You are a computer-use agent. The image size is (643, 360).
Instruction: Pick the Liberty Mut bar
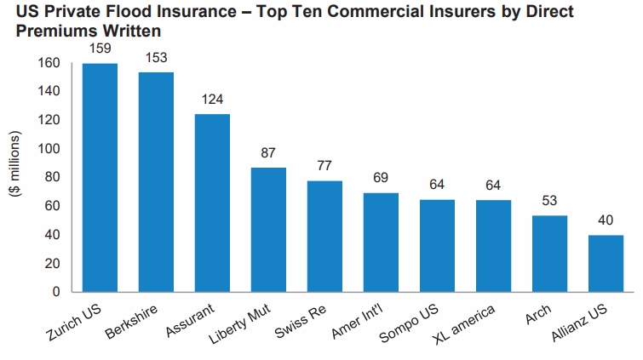pos(268,229)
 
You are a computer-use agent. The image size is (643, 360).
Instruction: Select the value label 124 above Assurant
pos(213,99)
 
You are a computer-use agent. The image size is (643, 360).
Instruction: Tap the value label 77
pos(324,165)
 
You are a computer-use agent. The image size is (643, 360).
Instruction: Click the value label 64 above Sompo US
pos(437,184)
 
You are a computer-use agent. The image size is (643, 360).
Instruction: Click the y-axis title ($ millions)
pos(14,165)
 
